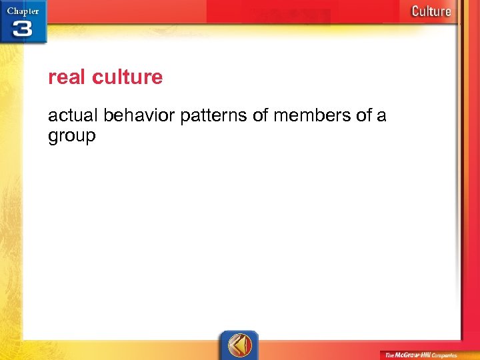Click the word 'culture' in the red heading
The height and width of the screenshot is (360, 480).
coord(127,77)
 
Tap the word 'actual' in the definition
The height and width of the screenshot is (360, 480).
coord(73,116)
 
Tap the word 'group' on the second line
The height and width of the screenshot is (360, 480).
coord(72,136)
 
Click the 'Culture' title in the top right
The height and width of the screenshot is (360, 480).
coord(431,11)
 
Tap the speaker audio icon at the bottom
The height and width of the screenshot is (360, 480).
coord(239,345)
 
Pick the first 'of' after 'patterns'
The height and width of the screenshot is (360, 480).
coord(261,116)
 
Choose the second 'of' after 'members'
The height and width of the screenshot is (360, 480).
coord(363,116)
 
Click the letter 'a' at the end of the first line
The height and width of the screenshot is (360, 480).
coord(381,116)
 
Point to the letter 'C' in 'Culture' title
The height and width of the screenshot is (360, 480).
coord(415,11)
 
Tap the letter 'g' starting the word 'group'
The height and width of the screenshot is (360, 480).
coord(53,137)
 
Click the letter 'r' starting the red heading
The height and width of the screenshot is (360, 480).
coord(51,78)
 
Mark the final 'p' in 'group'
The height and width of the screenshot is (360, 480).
coord(91,137)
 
